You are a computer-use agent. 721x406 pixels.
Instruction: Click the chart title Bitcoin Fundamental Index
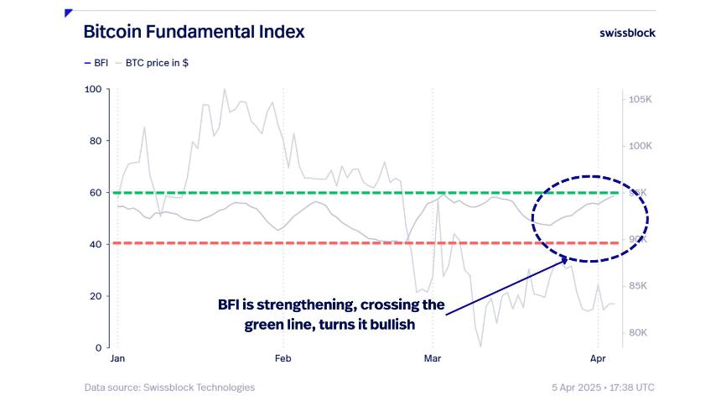coord(194,32)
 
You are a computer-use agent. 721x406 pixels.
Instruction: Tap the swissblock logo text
coord(627,33)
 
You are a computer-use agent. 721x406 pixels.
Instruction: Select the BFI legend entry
coord(96,63)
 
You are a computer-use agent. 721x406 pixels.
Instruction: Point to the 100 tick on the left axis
coord(93,89)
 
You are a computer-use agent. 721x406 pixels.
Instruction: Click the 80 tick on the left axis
coord(96,141)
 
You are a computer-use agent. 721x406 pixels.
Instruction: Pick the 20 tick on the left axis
coord(96,296)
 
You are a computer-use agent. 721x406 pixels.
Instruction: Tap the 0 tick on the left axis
coord(98,347)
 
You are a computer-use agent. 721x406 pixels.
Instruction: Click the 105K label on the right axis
coord(640,100)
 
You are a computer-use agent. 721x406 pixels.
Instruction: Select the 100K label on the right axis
coord(640,146)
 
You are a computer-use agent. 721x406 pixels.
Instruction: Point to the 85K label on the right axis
coord(640,286)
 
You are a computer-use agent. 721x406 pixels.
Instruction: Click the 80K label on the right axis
coord(640,333)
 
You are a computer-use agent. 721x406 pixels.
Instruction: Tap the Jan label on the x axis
coord(117,359)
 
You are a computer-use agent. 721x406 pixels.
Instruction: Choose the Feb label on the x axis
coord(283,359)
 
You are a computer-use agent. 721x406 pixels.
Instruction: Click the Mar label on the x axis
coord(433,359)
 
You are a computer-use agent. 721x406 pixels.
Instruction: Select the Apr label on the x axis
coord(597,359)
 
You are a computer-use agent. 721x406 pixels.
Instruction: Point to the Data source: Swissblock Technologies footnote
coord(169,388)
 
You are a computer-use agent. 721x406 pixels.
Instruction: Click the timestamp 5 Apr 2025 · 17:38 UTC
coord(603,388)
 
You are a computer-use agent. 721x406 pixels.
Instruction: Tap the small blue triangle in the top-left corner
coord(67,13)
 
